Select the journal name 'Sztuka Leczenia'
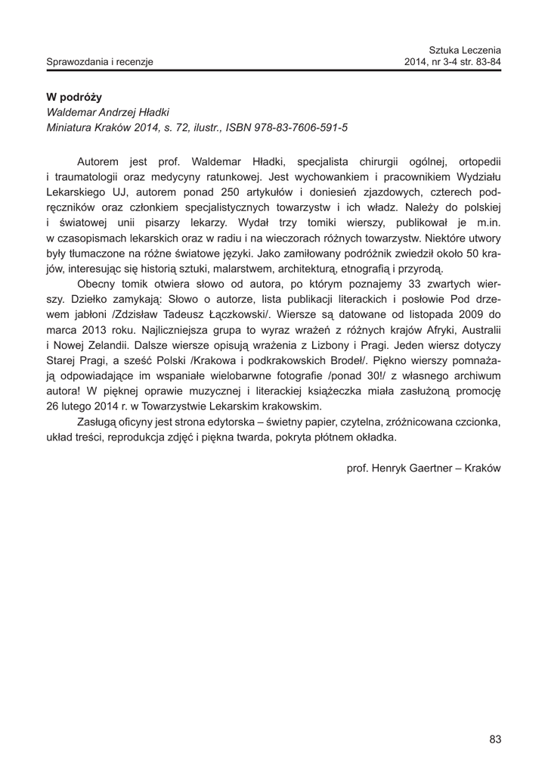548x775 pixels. tap(465, 49)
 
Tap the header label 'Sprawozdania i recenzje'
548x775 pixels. tap(100, 61)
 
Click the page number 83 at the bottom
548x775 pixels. tap(495, 739)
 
